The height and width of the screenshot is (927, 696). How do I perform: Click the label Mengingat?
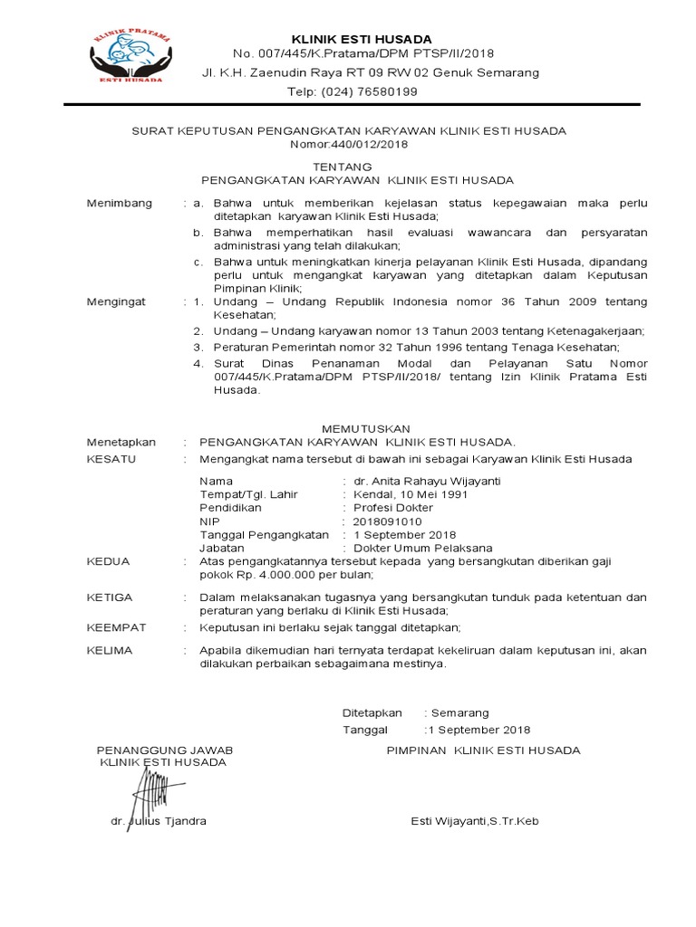[x=116, y=300]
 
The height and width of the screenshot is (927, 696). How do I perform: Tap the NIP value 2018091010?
[x=382, y=521]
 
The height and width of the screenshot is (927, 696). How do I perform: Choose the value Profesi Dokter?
[x=392, y=508]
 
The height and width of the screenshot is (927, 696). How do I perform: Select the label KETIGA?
[x=109, y=597]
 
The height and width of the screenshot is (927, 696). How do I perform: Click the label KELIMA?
[x=109, y=650]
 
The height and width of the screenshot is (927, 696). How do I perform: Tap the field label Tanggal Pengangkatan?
[x=264, y=535]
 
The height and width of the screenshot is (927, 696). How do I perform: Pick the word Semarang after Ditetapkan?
[x=462, y=713]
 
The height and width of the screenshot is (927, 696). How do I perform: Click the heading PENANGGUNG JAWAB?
[x=165, y=750]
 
